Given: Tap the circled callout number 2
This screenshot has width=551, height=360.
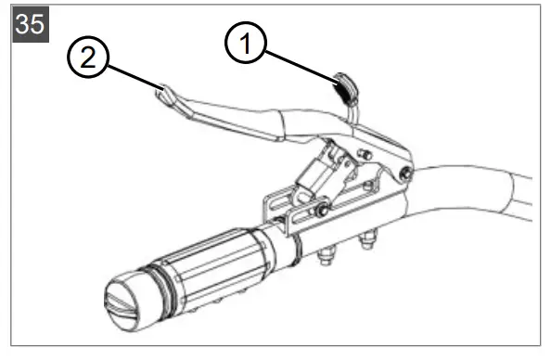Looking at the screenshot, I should click(x=87, y=58).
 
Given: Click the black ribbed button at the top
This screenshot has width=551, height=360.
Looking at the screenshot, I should click(x=345, y=89).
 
